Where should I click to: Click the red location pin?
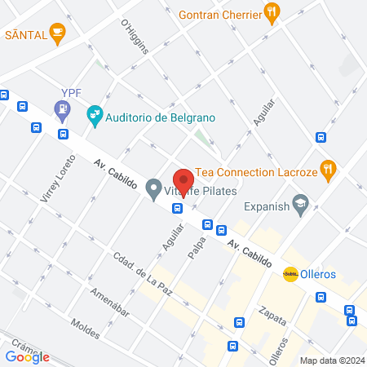coord(183,180)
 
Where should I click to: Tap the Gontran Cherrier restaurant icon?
coord(272,12)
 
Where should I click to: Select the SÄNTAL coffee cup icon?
coord(56,33)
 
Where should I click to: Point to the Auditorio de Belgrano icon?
coord(95,116)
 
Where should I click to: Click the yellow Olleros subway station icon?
coord(290,274)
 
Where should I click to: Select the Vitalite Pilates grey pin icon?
coord(153,191)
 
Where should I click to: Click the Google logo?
coord(28,356)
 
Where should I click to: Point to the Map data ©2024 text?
coord(331,360)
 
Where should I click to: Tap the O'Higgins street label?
coord(135,37)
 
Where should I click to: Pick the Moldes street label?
coord(86,329)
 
